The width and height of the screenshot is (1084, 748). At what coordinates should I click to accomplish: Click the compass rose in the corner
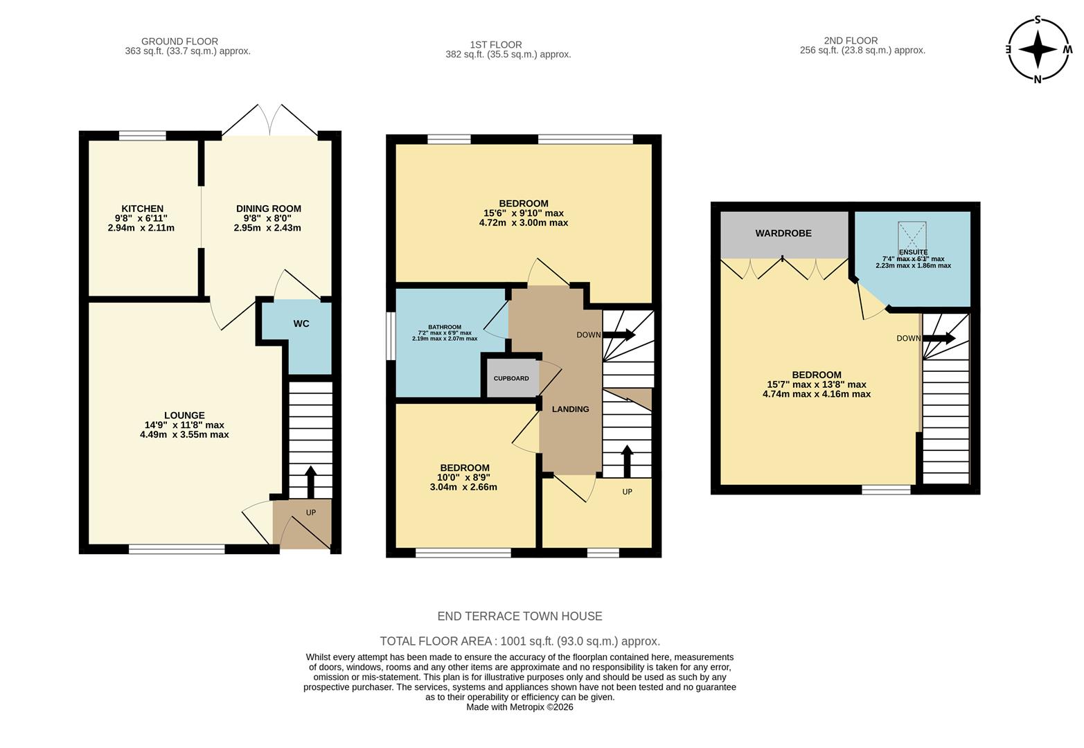coord(1037,49)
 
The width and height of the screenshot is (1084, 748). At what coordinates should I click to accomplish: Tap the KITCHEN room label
coord(142,208)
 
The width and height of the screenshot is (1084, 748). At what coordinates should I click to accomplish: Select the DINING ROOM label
coord(268,208)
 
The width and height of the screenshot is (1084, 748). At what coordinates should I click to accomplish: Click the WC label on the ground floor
coord(301,323)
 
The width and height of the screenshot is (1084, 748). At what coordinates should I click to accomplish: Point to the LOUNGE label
coord(184,416)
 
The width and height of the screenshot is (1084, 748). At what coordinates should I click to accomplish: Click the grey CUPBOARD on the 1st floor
coord(512,378)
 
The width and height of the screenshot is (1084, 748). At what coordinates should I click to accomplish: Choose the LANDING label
coord(570,409)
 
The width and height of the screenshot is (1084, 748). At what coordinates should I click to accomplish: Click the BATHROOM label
coord(444,327)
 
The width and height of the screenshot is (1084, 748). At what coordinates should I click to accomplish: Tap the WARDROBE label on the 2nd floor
coord(783,233)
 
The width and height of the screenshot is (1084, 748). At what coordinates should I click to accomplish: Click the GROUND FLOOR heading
coord(179,42)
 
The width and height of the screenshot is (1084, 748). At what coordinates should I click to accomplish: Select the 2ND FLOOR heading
coord(851,41)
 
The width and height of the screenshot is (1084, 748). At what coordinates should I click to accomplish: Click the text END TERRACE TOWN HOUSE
coord(519,616)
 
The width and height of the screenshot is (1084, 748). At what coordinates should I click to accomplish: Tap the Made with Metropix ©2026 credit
coord(519,707)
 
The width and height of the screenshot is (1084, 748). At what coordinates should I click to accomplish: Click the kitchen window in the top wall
coord(142,136)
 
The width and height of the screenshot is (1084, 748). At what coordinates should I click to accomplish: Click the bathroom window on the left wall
coord(391,336)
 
